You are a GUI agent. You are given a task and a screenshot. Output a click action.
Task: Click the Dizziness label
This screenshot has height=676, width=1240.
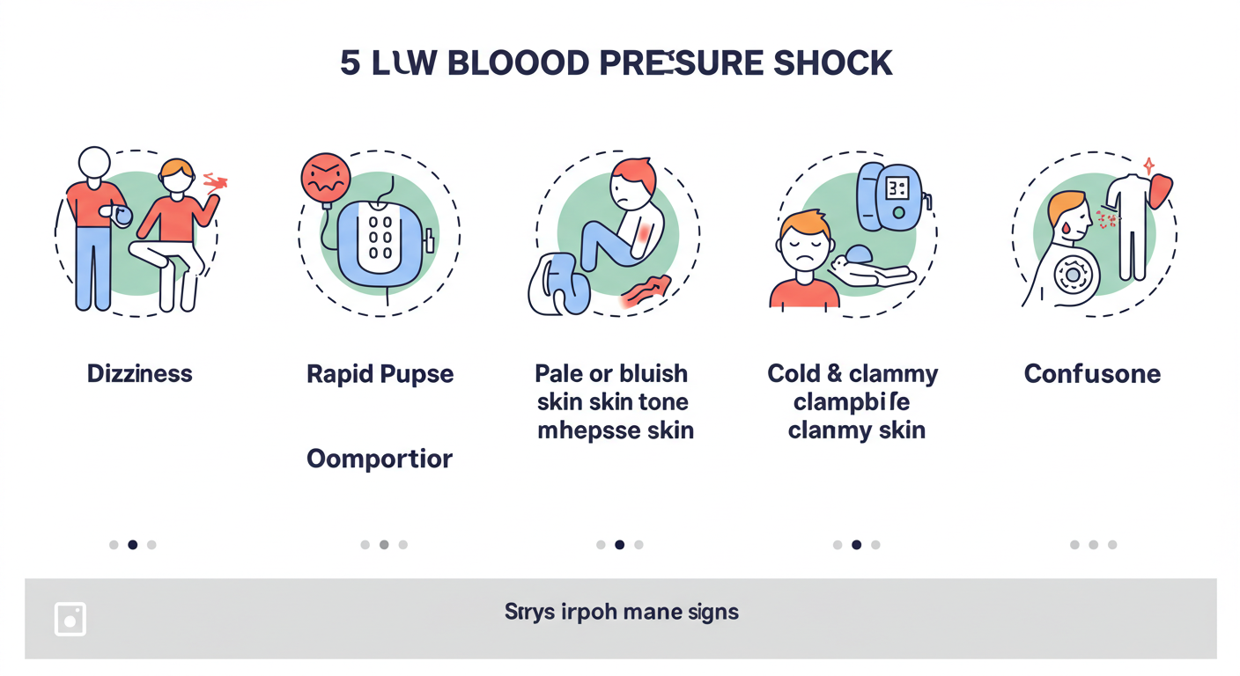(139, 373)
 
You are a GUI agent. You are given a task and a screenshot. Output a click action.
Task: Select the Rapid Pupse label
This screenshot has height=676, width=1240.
(380, 373)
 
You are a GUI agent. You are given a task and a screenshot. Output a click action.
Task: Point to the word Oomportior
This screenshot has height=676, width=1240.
(380, 459)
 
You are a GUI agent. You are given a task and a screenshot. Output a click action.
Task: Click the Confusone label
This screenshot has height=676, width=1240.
(1092, 373)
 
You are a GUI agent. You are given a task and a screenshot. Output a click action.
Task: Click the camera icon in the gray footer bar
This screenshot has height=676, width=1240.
(70, 619)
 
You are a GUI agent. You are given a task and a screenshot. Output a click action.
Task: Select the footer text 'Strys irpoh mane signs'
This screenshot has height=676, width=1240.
(621, 612)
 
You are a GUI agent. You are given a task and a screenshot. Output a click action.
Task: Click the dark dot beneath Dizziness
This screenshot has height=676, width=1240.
(132, 545)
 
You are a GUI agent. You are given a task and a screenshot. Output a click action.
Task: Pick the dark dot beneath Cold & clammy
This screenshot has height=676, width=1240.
(856, 545)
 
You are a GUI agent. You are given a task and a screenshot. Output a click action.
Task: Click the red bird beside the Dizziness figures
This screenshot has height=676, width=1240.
(216, 182)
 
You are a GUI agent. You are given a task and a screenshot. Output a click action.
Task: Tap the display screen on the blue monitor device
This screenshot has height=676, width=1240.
(897, 187)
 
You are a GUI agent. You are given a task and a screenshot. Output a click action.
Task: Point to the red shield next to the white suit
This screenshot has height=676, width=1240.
(1162, 191)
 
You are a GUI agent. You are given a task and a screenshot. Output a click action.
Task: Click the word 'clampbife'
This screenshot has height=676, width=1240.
(852, 402)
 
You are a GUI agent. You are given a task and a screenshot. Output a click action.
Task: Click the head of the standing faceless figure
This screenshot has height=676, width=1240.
(94, 163)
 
